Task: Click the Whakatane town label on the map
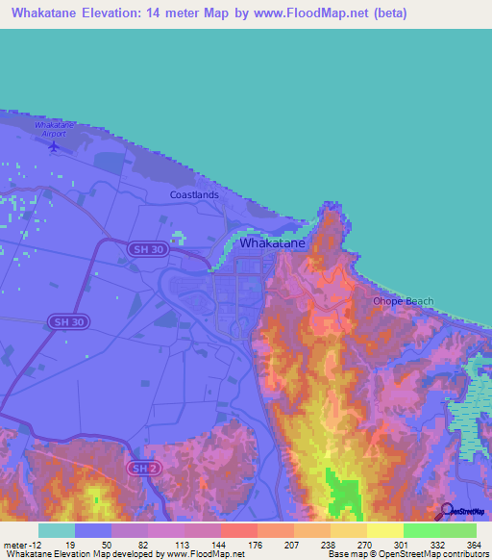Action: coord(272,243)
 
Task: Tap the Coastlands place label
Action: coord(194,194)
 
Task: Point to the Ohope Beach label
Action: coord(403,301)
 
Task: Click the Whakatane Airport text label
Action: coord(54,130)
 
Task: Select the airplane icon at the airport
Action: coord(53,147)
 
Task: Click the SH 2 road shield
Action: coord(142,467)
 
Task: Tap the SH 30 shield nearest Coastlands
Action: coord(142,248)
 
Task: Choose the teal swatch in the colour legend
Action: coord(56,530)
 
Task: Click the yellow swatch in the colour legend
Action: coord(384,530)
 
